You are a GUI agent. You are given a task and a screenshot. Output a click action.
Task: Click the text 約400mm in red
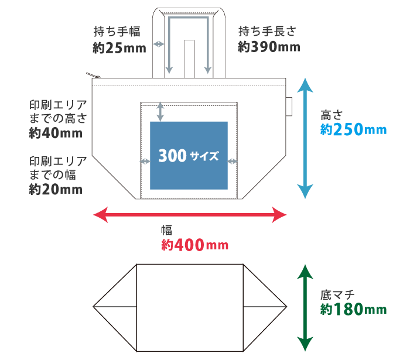(194, 245)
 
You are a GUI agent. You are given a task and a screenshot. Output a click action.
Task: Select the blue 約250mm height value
(353, 129)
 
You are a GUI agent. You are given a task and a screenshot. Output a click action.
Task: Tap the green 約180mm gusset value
(353, 308)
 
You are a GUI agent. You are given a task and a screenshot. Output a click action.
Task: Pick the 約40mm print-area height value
(56, 133)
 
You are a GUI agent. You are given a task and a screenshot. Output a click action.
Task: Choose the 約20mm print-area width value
(56, 189)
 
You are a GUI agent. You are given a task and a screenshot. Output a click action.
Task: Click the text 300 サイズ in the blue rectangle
(188, 156)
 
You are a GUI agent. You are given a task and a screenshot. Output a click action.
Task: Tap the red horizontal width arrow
(190, 215)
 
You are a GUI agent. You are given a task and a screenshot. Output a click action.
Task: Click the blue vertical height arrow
(304, 139)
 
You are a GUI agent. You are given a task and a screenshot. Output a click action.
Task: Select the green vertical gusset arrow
(304, 308)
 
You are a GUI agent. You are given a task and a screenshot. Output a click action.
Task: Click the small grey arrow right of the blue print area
(232, 161)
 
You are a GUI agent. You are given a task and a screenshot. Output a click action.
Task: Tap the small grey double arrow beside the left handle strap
(158, 44)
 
